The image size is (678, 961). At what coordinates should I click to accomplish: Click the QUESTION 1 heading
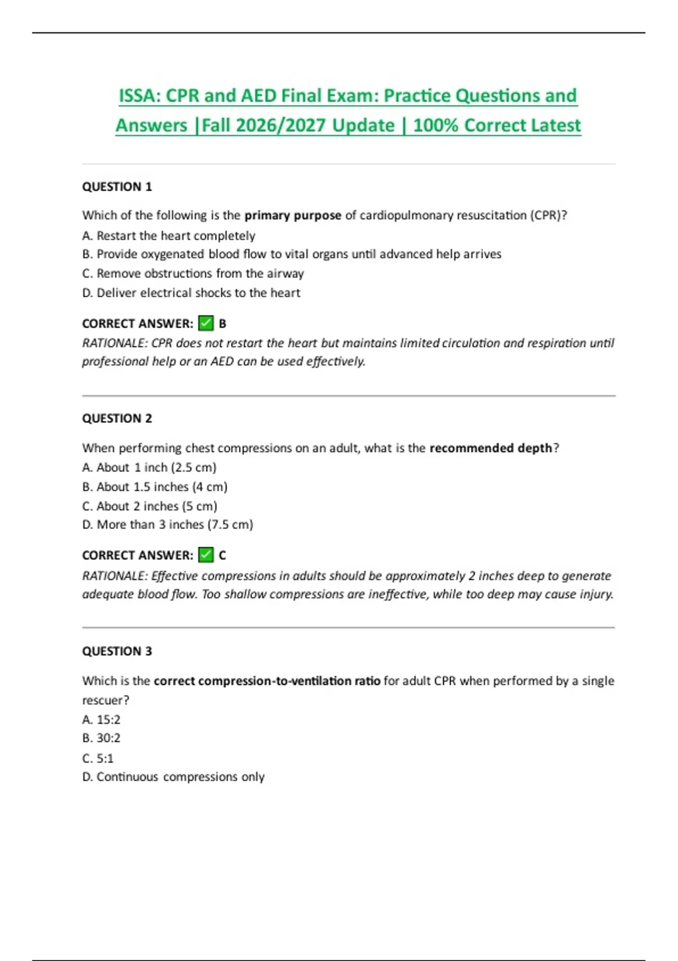point(117,187)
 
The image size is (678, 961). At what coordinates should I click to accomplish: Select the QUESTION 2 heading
point(117,418)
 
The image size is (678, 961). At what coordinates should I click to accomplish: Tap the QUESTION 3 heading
point(117,651)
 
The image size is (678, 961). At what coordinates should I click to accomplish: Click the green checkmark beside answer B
point(206,323)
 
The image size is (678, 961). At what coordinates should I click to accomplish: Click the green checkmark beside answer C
point(206,555)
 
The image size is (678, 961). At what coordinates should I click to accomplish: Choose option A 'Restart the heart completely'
point(168,236)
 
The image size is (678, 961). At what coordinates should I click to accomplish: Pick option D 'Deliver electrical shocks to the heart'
point(191,293)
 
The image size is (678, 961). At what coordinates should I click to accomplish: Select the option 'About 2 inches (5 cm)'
point(150,506)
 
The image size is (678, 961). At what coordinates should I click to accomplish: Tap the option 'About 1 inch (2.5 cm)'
point(149,467)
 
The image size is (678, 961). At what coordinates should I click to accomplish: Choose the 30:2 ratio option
point(101,738)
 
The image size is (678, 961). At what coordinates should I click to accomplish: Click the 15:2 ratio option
point(101,720)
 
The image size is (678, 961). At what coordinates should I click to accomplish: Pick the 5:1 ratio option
point(98,758)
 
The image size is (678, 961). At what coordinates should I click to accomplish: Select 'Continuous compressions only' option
point(173,777)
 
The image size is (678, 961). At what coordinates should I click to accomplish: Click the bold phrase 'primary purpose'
point(293,215)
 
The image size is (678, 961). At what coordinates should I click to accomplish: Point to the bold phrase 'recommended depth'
point(490,448)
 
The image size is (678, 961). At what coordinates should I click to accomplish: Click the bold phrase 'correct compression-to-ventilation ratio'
point(267,681)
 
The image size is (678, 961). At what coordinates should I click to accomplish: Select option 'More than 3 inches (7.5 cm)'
point(167,525)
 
